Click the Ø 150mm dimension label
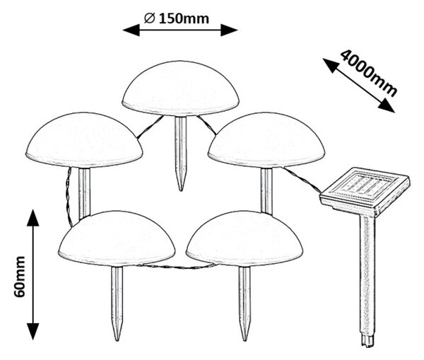tap(177, 18)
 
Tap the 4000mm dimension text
tap(369, 73)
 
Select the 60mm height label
tap(20, 277)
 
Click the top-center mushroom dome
tap(180, 88)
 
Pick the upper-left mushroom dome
tap(84, 140)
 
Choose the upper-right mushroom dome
tap(266, 140)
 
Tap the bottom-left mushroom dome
tap(117, 238)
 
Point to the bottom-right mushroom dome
tap(245, 238)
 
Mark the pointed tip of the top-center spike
tap(181, 190)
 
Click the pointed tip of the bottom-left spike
tap(117, 339)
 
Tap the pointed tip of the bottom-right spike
tap(245, 339)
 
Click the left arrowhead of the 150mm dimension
tap(131, 30)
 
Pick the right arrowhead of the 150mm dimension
tap(229, 30)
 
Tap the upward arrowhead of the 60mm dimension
tap(33, 217)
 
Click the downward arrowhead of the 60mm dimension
tap(33, 332)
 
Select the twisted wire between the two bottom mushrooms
tap(177, 267)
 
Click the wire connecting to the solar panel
tap(302, 180)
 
